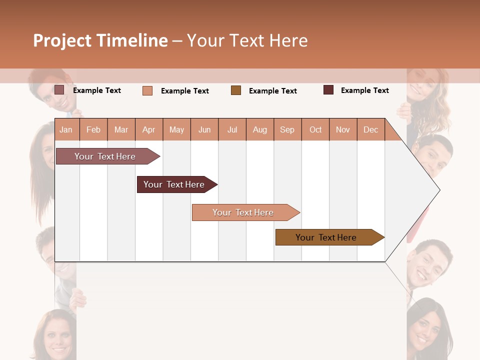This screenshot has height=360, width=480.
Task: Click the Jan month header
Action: [66, 129]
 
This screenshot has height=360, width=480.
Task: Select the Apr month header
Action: [149, 129]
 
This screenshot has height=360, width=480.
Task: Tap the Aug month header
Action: [260, 129]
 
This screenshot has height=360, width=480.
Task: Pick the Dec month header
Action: [370, 129]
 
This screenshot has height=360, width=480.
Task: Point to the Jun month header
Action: [204, 129]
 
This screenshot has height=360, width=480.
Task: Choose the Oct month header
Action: [315, 129]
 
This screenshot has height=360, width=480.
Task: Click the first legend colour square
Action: [59, 90]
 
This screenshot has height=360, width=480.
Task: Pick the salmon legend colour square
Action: [147, 90]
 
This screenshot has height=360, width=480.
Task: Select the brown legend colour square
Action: [236, 90]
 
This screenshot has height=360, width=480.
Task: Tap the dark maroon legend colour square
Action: [328, 90]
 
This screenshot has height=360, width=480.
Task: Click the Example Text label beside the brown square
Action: [272, 91]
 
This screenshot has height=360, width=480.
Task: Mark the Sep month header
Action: [287, 129]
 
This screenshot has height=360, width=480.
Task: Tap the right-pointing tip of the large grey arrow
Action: [439, 190]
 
